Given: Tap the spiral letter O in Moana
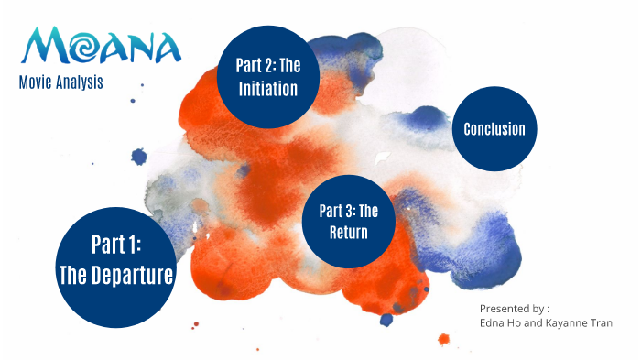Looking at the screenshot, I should (78, 44).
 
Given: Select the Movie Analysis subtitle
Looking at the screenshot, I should (60, 82).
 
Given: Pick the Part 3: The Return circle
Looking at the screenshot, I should (349, 221).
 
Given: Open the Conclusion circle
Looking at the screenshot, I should (494, 129).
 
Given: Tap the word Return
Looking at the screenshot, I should (349, 233).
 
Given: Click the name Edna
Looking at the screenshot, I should (494, 323).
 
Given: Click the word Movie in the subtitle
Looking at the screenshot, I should (34, 82).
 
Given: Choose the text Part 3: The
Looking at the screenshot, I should (349, 211).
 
